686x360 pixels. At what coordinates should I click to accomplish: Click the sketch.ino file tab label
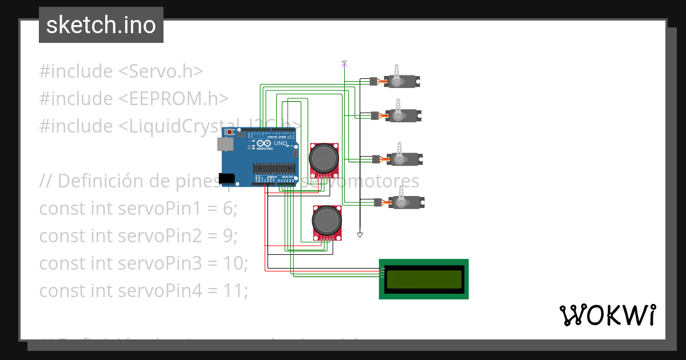tap(101, 25)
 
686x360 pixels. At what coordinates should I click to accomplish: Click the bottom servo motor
tap(405, 202)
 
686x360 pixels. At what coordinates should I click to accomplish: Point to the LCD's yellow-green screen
tap(424, 279)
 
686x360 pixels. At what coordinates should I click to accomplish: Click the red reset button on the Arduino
tap(230, 133)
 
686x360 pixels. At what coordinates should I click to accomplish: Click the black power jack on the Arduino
tap(227, 178)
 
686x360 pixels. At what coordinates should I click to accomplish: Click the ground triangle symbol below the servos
tap(360, 235)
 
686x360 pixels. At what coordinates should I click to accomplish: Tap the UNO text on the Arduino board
tap(280, 143)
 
